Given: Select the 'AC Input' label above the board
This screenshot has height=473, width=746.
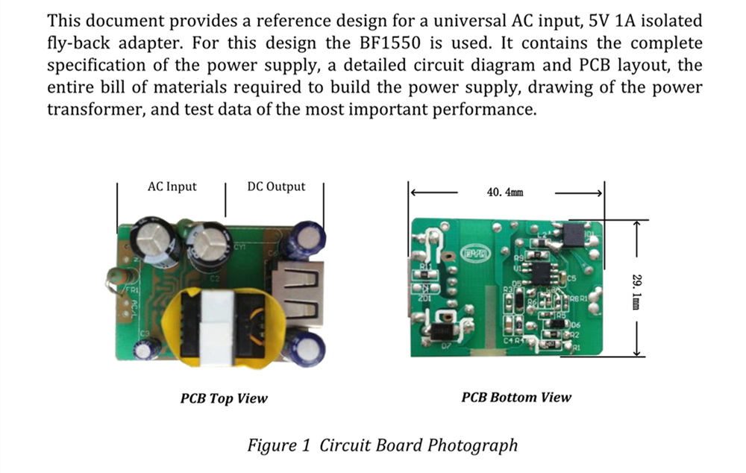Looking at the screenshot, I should click(x=172, y=187).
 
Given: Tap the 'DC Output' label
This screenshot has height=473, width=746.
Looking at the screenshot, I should click(x=276, y=187).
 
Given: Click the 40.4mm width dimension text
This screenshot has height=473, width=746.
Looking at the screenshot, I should click(x=505, y=192).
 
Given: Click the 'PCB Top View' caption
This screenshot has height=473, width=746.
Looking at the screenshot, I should click(x=224, y=398).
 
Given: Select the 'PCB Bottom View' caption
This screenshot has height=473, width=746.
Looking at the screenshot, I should click(x=516, y=397).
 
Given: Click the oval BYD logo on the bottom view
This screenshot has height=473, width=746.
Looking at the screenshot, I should click(x=476, y=254).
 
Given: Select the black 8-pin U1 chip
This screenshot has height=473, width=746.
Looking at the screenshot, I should click(x=540, y=271).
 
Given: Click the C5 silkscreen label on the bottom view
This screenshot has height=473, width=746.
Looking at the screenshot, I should click(x=571, y=278).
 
